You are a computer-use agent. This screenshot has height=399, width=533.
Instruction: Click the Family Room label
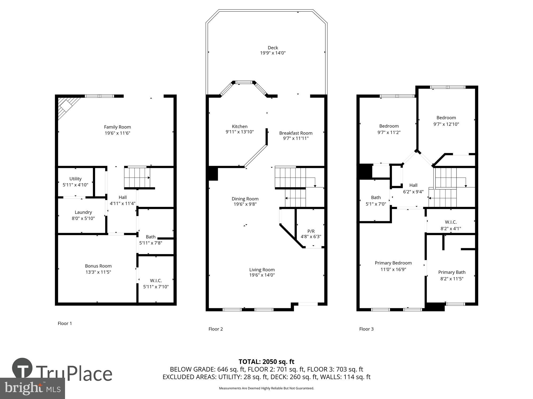pos(117,127)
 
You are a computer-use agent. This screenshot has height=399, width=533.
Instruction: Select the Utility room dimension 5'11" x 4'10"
pos(75,185)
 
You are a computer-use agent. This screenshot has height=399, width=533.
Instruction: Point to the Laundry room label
pos(83,212)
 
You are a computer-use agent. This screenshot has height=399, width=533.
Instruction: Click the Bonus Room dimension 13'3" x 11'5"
pos(98,272)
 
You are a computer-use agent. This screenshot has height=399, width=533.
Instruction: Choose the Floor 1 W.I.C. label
pos(156,280)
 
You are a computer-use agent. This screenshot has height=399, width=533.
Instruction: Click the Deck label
pos(273,48)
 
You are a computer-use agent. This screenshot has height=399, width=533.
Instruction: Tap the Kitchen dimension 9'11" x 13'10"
pos(240,132)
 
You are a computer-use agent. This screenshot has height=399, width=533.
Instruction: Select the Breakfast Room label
pos(296,133)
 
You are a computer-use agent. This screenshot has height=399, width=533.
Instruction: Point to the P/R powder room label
pos(311,231)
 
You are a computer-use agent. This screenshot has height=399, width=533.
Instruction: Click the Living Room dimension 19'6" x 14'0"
pos(262,275)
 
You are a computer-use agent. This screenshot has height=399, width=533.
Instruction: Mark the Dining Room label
pos(245,199)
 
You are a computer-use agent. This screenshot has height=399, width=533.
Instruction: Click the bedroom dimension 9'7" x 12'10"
pos(446,124)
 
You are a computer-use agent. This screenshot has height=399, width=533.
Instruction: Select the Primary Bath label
pos(452,272)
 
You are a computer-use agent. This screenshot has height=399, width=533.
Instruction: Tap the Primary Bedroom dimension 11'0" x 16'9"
pos(393,269)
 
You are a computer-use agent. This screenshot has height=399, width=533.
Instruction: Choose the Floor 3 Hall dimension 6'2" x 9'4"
pos(413,192)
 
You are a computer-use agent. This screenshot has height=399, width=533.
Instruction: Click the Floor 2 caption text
pos(215,329)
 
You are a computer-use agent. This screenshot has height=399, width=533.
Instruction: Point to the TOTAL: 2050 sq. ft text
pos(266,361)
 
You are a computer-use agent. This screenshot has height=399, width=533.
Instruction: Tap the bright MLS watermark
pos(33,388)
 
